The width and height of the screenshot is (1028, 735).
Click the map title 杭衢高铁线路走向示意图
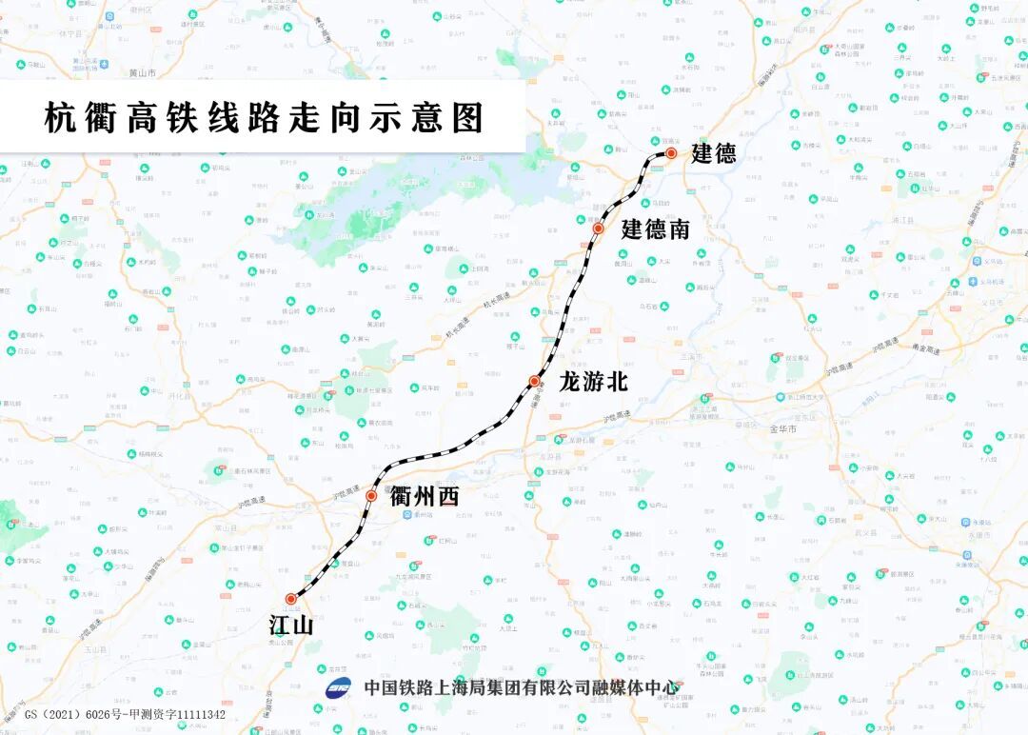[264, 118]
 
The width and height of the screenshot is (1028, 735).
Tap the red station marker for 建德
[671, 153]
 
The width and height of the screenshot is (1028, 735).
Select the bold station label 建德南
[655, 229]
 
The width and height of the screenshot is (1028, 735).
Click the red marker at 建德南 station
[599, 228]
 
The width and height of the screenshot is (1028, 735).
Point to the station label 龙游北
[593, 382]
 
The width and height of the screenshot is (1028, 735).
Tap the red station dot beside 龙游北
[535, 382]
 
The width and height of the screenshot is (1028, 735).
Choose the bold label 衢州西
[425, 496]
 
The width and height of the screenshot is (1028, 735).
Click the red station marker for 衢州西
[371, 496]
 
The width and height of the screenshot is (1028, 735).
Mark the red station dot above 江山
[291, 599]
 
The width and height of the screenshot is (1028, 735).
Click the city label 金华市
[782, 429]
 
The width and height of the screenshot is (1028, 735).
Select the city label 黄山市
[141, 72]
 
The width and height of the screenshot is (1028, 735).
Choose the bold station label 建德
[713, 154]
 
